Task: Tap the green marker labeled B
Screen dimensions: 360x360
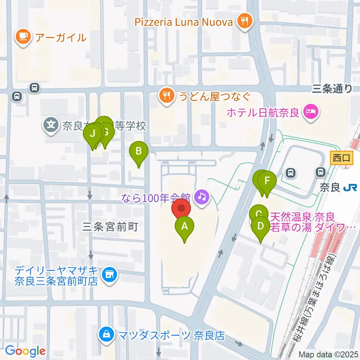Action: tap(138, 151)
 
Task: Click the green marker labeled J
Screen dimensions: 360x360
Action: tap(92, 133)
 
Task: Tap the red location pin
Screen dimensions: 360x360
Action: tap(181, 208)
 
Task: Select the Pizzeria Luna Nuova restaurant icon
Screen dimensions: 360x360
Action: tap(245, 21)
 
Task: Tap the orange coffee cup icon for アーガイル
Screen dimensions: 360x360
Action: tap(23, 37)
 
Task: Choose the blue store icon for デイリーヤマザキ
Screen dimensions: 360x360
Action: tap(109, 275)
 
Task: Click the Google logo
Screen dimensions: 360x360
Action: tap(25, 351)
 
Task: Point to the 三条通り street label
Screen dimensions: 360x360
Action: tap(332, 88)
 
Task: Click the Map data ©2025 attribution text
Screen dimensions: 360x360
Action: tap(328, 354)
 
